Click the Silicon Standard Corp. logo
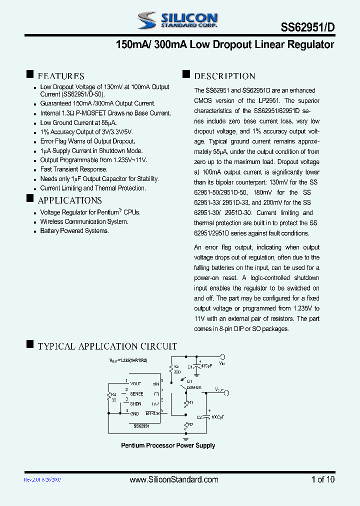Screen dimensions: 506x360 pos(177,20)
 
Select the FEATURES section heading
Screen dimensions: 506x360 pos(61,76)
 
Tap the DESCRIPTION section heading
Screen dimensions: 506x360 pos(224,76)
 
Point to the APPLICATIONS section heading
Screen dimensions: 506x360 pos(69,200)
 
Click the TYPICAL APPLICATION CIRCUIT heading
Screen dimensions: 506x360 pos(107,346)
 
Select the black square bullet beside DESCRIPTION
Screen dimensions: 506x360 pos(186,75)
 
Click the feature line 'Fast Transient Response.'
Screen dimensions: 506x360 pos(73,169)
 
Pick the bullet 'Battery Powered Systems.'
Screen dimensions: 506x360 pos(74,231)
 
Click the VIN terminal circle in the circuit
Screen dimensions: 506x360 pos(222,356)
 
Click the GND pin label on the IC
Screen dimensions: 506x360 pos(134,413)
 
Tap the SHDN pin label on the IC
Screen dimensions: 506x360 pos(135,403)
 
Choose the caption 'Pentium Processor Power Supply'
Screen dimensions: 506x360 pos(168,445)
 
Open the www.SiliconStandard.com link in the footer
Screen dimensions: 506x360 pos(174,479)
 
